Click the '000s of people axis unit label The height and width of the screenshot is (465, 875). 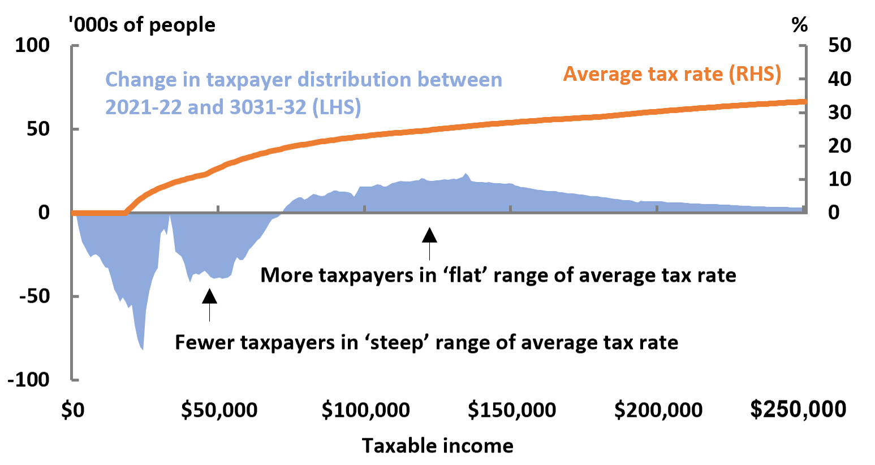pyautogui.click(x=141, y=25)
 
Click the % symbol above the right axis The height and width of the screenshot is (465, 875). pyautogui.click(x=799, y=25)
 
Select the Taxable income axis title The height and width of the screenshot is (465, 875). pyautogui.click(x=437, y=446)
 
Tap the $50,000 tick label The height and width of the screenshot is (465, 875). pyautogui.click(x=219, y=410)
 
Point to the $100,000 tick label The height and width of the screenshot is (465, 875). pyautogui.click(x=365, y=410)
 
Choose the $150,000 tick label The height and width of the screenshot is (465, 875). pyautogui.click(x=511, y=410)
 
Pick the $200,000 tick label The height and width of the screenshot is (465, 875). pyautogui.click(x=658, y=410)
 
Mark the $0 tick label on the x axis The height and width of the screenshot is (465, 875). pyautogui.click(x=72, y=410)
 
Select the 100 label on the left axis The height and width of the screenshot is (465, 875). pyautogui.click(x=32, y=45)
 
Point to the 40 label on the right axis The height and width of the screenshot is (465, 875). pyautogui.click(x=839, y=79)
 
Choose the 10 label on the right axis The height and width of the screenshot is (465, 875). pyautogui.click(x=839, y=179)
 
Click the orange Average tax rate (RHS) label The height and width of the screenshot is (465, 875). pyautogui.click(x=672, y=74)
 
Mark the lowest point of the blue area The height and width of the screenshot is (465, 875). pyautogui.click(x=143, y=350)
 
